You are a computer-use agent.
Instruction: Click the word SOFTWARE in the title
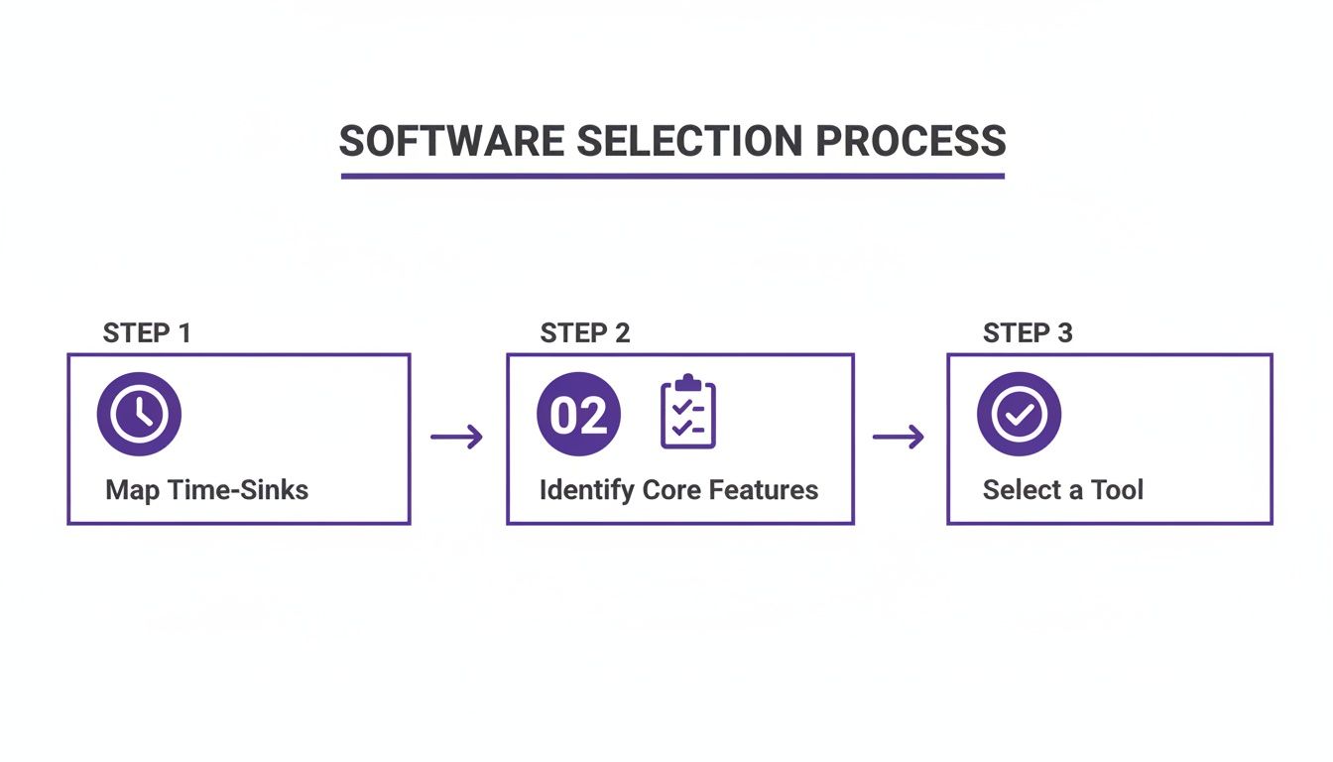click(452, 142)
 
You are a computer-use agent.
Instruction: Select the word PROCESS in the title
click(910, 142)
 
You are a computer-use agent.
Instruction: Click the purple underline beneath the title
click(672, 176)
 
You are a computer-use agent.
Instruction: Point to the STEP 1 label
click(147, 333)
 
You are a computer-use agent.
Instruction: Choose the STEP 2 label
click(585, 333)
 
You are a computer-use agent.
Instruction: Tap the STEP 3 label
click(1028, 333)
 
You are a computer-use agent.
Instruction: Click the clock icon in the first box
click(139, 415)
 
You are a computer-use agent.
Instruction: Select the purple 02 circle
click(578, 415)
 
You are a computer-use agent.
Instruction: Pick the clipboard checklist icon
click(688, 413)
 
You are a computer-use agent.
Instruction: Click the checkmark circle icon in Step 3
click(1019, 415)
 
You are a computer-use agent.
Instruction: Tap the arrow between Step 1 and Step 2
click(457, 437)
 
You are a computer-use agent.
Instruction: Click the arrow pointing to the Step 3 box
click(899, 437)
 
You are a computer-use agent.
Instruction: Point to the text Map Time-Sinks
click(206, 490)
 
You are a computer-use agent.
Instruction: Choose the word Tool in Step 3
click(1117, 490)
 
